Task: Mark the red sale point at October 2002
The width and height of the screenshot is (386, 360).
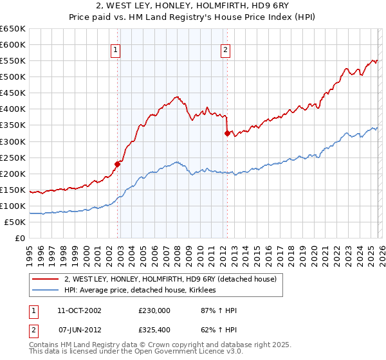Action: (118, 163)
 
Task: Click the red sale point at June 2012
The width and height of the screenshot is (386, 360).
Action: (227, 133)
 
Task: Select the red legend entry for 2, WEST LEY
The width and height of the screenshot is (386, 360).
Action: (170, 279)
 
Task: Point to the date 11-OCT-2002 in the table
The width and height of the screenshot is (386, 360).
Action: (79, 310)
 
